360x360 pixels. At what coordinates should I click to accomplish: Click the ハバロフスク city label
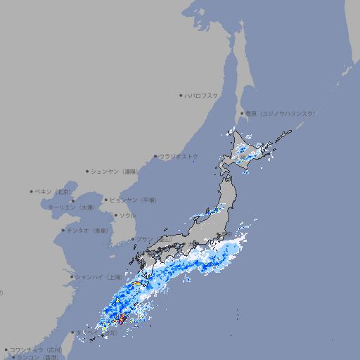click(x=202, y=96)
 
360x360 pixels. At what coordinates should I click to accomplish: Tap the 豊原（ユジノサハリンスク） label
click(x=280, y=113)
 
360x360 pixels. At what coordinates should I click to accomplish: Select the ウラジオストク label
click(x=179, y=156)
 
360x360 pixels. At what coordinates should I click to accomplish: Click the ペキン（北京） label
click(x=54, y=191)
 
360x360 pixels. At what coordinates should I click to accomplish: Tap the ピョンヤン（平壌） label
click(x=133, y=200)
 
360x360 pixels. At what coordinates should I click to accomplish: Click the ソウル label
click(x=127, y=215)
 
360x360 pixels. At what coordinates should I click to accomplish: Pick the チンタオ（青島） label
click(x=87, y=231)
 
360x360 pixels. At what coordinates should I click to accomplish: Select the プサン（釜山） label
click(x=154, y=239)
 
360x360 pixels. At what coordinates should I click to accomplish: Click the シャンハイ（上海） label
click(x=98, y=277)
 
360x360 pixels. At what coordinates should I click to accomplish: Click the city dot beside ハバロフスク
click(x=181, y=96)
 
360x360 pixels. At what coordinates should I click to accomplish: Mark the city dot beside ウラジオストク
click(x=155, y=156)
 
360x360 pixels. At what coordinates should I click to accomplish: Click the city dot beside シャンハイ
click(x=72, y=277)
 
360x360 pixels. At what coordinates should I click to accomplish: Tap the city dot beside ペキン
click(x=32, y=191)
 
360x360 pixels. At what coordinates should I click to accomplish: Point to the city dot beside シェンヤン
click(x=87, y=171)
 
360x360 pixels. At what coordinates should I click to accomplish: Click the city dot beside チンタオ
click(x=63, y=231)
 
